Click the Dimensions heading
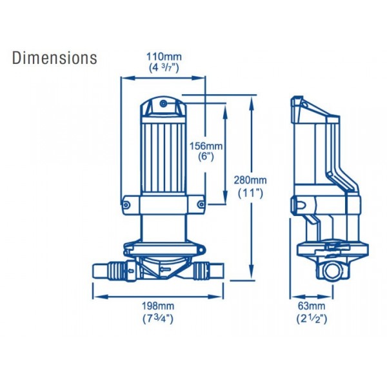pos(55,57)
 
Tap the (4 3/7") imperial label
pos(163,68)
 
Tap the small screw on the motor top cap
pos(164,104)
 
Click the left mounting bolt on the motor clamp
pos(126,205)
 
